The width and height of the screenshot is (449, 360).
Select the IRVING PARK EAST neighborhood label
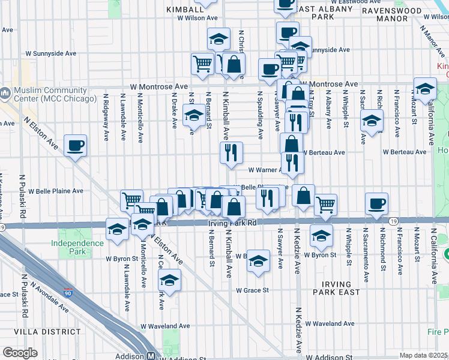click(337, 287)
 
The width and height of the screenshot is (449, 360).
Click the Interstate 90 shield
click(67, 293)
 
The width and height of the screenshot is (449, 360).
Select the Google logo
click(20, 353)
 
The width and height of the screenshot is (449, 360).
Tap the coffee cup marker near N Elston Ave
click(76, 146)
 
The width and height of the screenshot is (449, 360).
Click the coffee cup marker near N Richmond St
click(376, 203)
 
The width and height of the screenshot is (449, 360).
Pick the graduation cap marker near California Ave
click(425, 89)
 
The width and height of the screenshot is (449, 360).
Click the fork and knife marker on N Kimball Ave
click(231, 152)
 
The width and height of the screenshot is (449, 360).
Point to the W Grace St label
click(252, 290)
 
